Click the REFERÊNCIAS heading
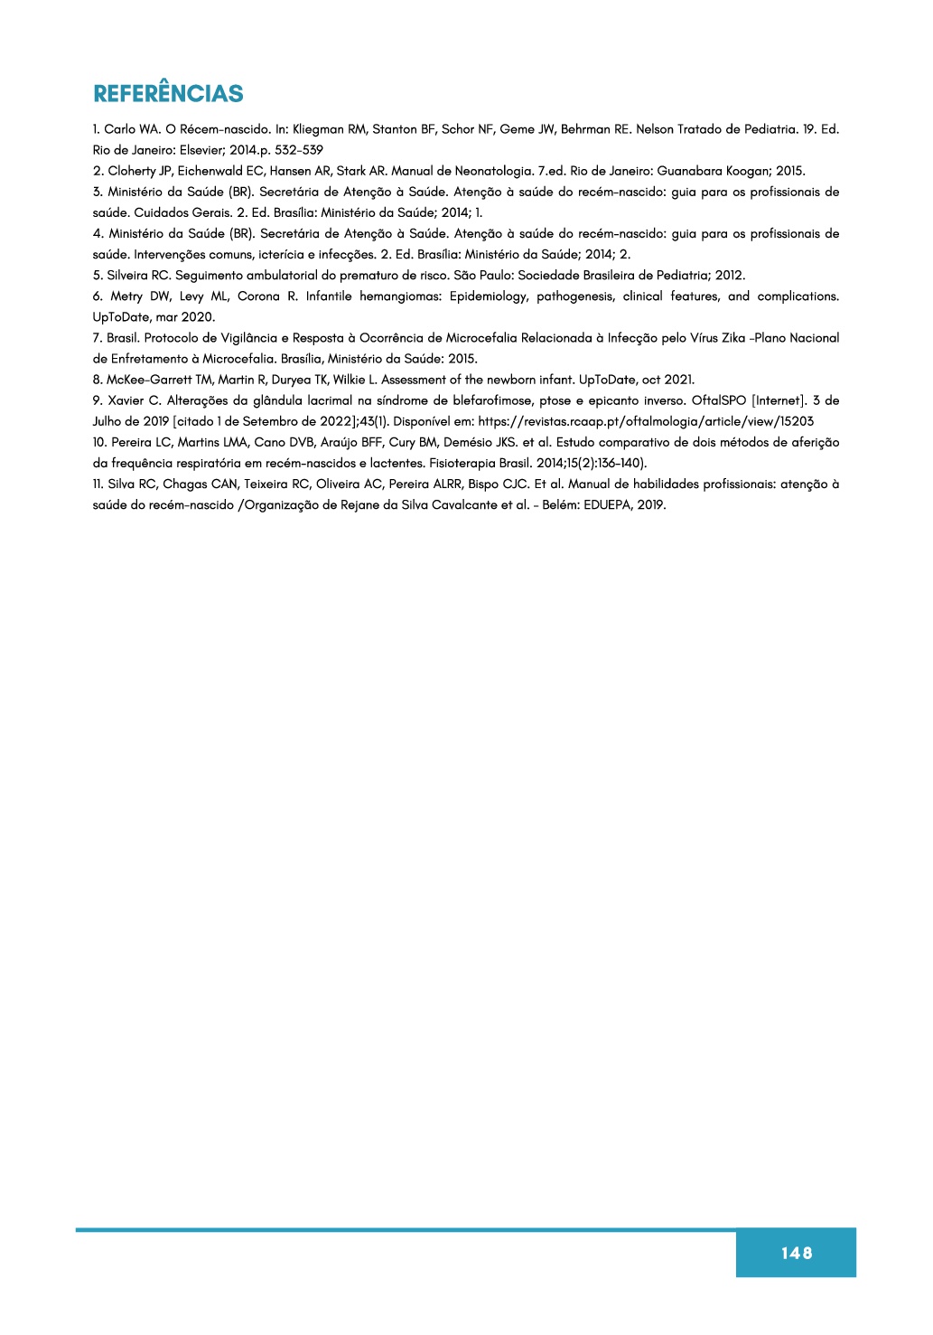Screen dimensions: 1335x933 tap(168, 94)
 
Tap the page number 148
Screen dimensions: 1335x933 tap(797, 1253)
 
